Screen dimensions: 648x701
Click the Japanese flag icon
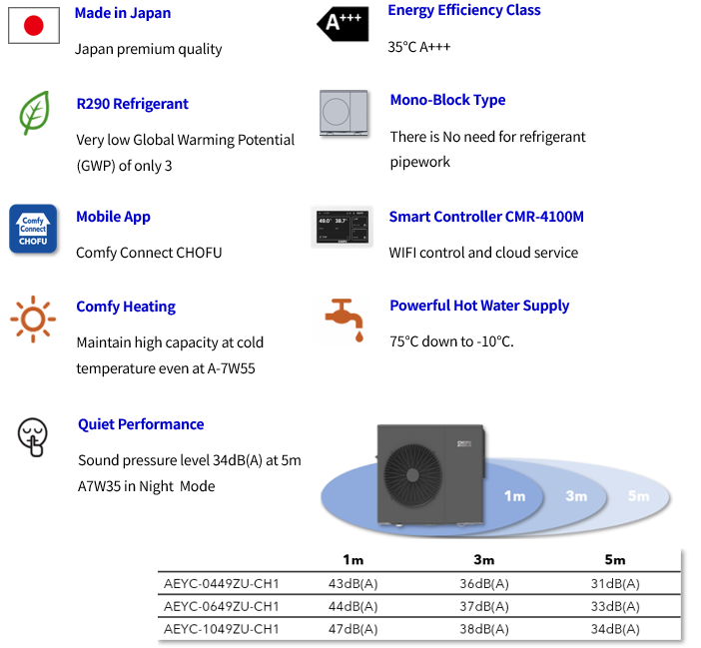click(34, 26)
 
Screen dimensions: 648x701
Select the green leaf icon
click(34, 113)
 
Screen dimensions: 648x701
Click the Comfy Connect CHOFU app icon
click(33, 228)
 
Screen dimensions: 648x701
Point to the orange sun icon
click(33, 319)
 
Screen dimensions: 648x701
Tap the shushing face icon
click(33, 436)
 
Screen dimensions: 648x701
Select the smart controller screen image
click(342, 228)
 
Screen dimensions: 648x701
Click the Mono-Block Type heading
click(447, 100)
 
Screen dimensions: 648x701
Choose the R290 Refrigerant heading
click(132, 104)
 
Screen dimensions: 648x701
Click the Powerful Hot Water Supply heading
click(479, 306)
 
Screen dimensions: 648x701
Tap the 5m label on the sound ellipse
click(638, 496)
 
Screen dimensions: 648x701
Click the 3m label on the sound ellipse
click(576, 496)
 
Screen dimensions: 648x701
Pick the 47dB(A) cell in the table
click(352, 628)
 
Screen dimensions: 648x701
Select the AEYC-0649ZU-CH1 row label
click(221, 606)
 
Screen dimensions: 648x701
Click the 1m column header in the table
click(352, 559)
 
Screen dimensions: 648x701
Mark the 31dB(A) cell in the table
click(615, 583)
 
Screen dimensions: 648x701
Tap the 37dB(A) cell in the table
click(484, 606)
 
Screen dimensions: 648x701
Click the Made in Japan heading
click(123, 13)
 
